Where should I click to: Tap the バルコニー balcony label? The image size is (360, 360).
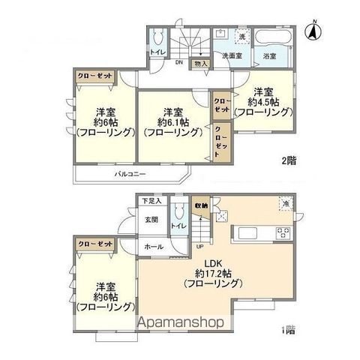(x=129, y=172)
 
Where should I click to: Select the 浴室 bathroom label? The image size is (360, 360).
(x=269, y=56)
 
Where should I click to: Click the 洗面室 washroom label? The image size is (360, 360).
(x=229, y=55)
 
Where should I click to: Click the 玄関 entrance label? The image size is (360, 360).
(x=151, y=220)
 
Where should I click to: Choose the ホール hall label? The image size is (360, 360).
(x=154, y=246)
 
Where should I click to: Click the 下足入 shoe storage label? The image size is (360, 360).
(x=152, y=202)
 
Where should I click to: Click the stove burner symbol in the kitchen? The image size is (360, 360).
(x=283, y=232)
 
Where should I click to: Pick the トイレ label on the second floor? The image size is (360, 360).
(x=157, y=52)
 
